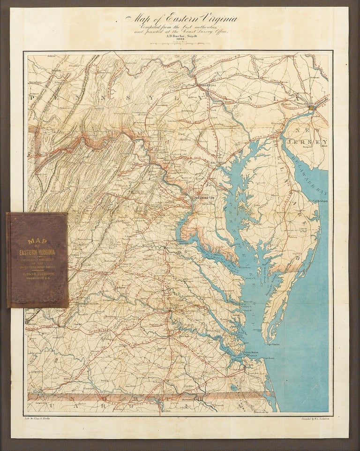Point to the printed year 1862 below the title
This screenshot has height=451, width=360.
(x=180, y=40)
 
